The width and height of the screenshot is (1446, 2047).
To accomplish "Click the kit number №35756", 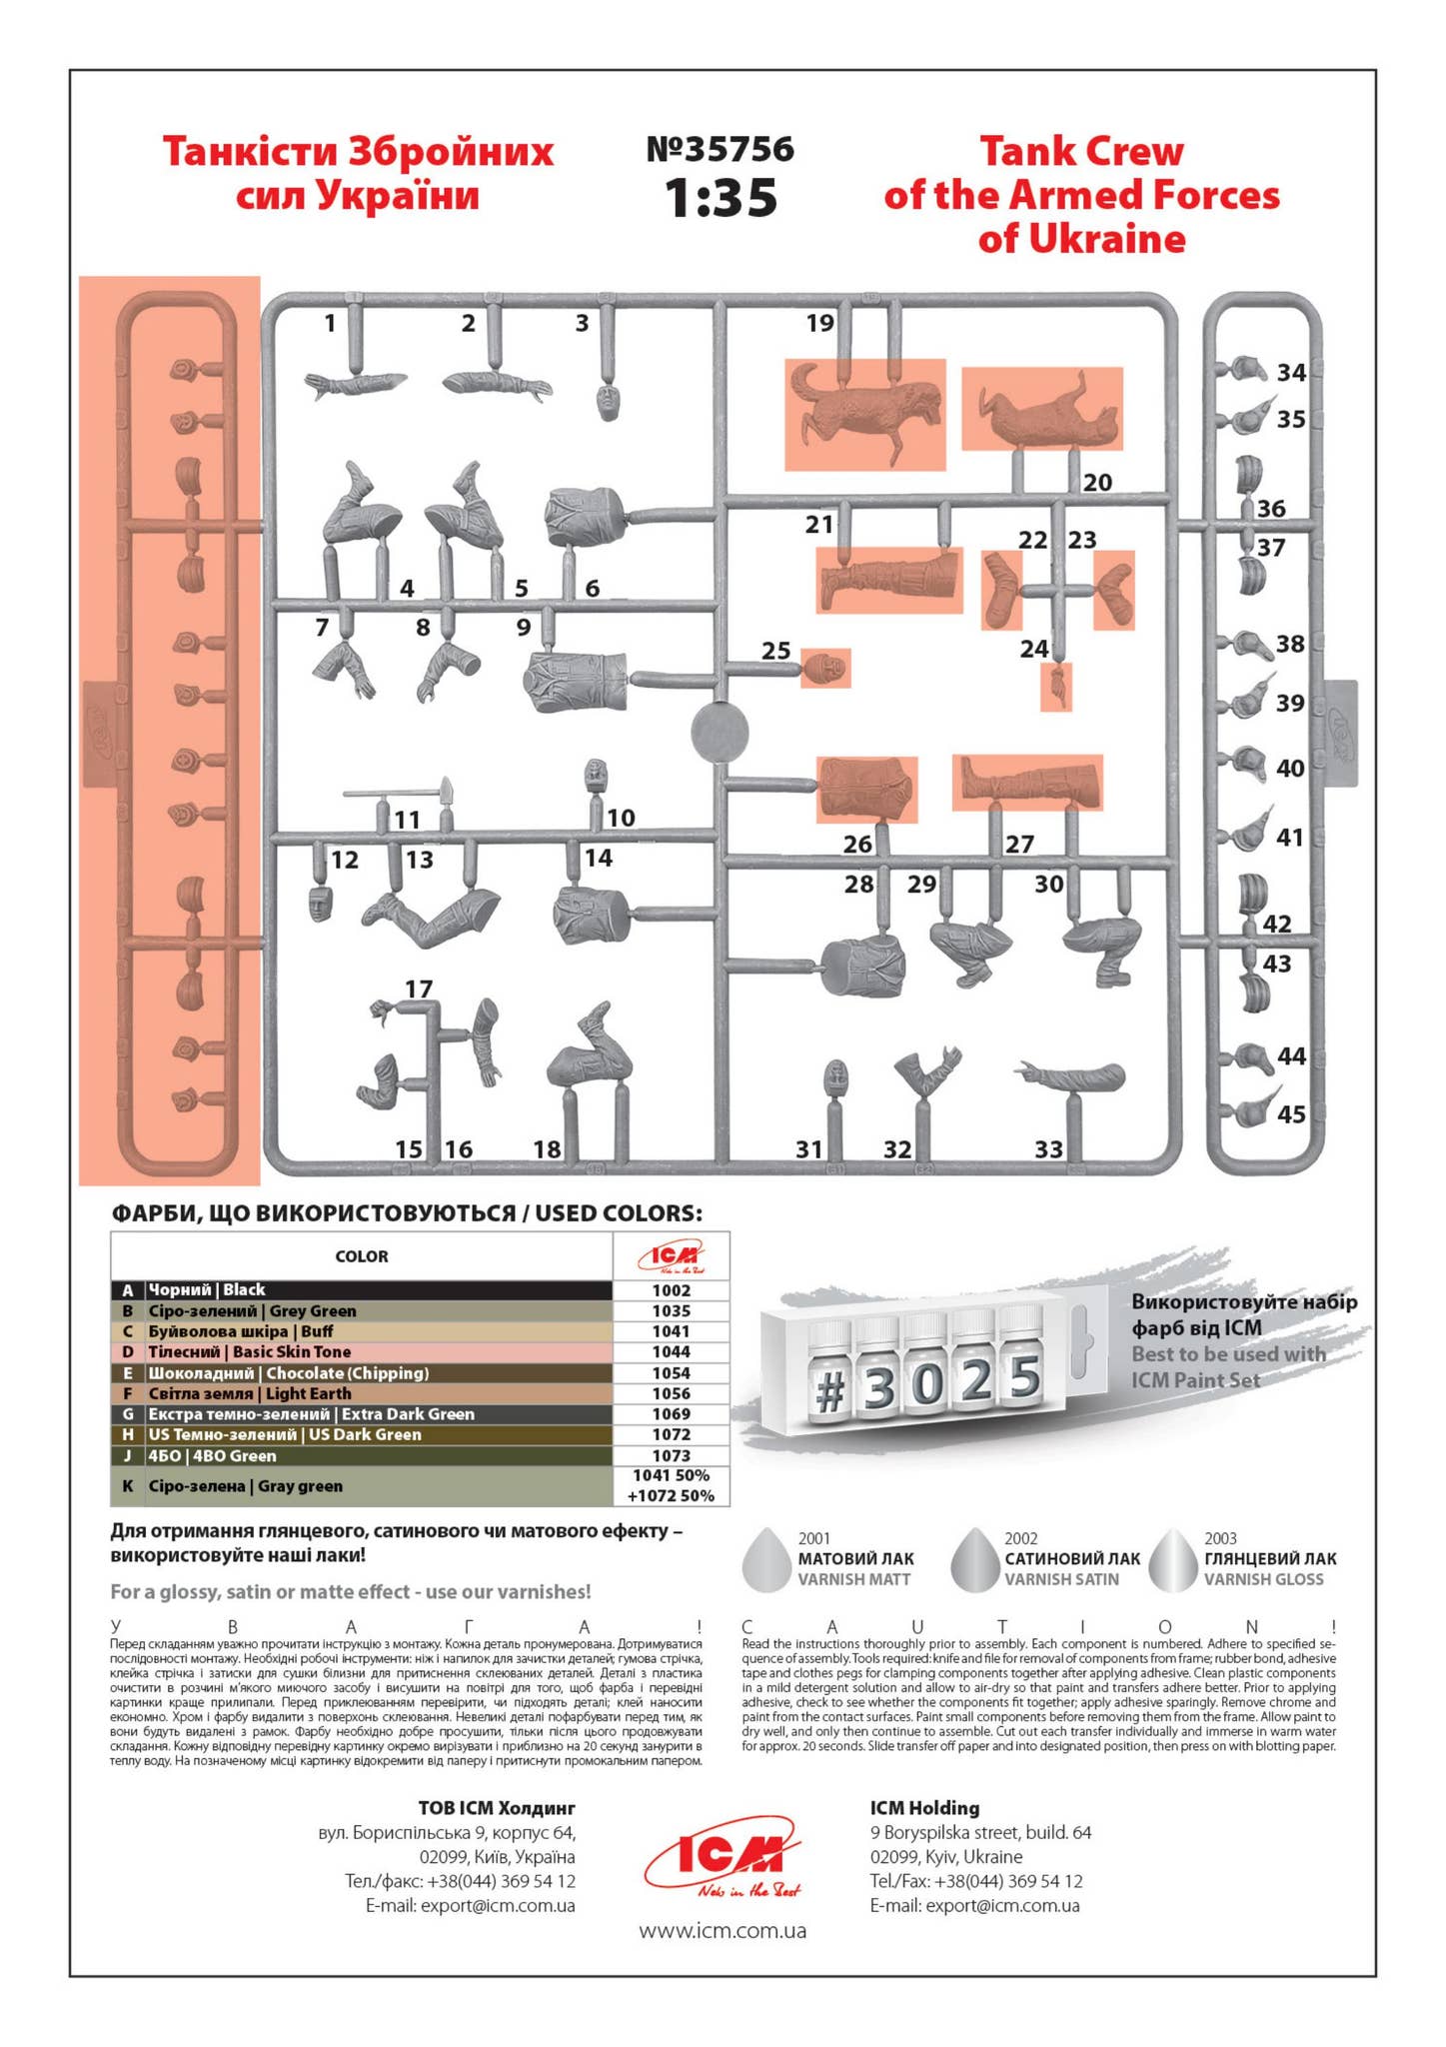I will (720, 150).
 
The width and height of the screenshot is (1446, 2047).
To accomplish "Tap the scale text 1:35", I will (720, 198).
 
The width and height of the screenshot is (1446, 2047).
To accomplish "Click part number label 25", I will (775, 651).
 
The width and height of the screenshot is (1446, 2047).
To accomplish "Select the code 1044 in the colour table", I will (671, 1351).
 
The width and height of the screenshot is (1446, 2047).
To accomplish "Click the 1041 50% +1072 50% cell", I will (671, 1485).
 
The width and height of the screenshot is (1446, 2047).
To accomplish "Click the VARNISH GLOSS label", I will (1263, 1579).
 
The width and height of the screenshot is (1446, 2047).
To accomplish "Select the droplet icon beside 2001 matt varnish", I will (766, 1559).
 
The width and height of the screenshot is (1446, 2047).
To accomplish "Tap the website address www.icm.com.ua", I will (723, 1930).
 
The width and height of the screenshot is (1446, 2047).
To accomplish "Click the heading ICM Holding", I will (924, 1807).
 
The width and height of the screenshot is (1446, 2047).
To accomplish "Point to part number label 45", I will (1291, 1113).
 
